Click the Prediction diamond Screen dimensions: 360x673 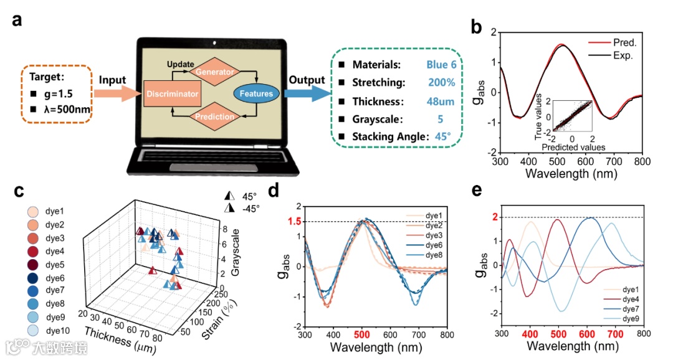216,116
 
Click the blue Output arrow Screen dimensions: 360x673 307,93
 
